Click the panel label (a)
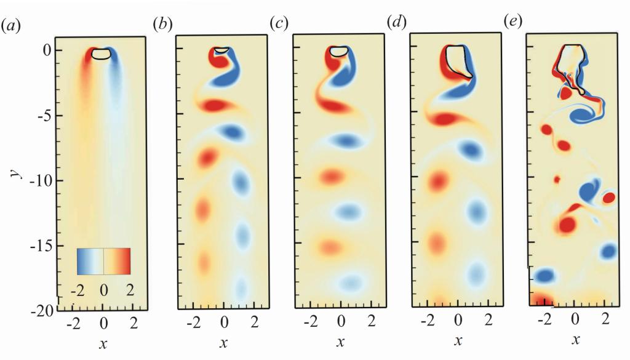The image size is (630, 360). click(x=12, y=26)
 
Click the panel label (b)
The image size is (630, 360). click(x=162, y=25)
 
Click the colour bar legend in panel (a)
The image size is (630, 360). click(x=103, y=261)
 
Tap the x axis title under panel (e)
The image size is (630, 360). click(x=576, y=339)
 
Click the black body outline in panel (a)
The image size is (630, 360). click(x=102, y=54)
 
